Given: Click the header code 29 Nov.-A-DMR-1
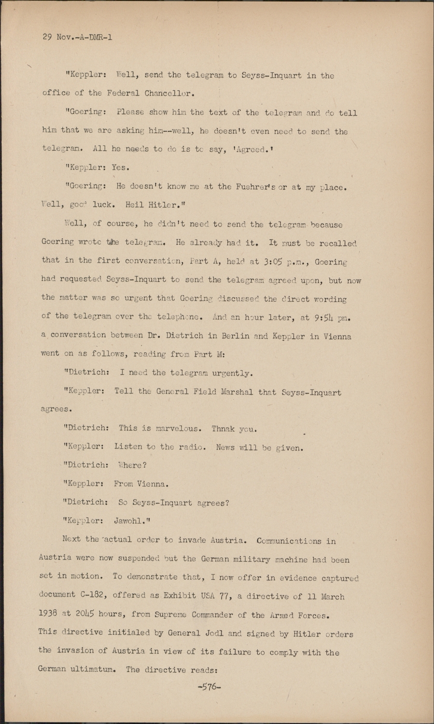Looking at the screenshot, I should (x=77, y=37).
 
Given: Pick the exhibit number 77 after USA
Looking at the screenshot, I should (x=224, y=596).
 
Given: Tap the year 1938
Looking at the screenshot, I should (x=48, y=614).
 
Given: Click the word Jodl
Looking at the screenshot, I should (x=210, y=633).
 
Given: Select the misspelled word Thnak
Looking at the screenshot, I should (x=223, y=429).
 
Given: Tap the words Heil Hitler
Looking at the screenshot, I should (x=156, y=205).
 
